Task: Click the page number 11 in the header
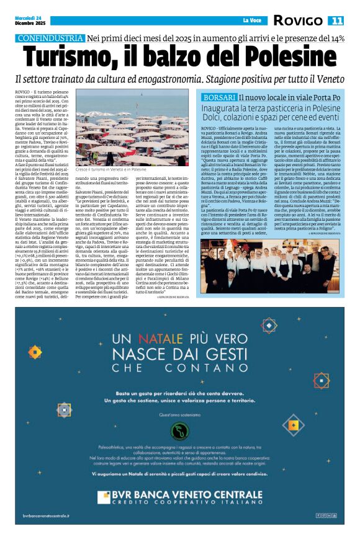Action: tap(336, 20)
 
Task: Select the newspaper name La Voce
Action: tap(252, 20)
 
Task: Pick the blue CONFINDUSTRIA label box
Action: tap(50, 38)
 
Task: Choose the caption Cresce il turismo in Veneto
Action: tap(110, 169)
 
